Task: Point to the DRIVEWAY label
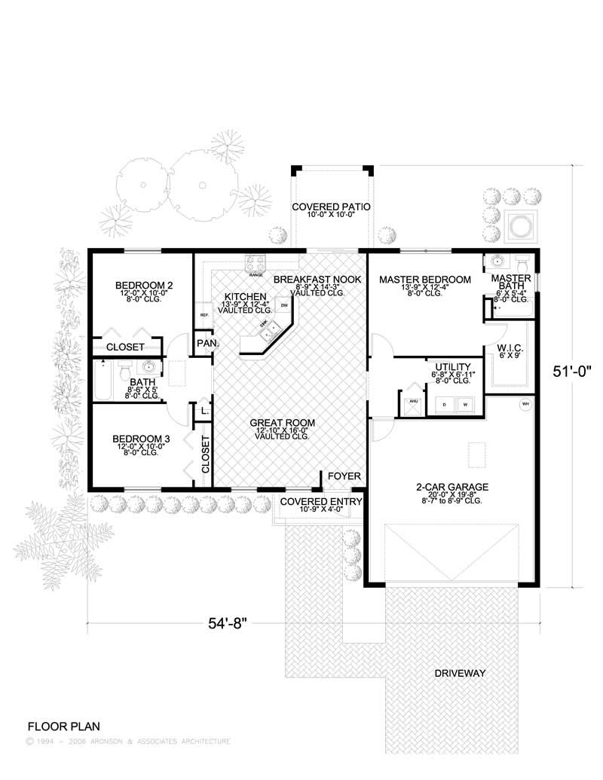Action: [x=459, y=673]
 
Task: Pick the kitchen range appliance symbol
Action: [x=255, y=264]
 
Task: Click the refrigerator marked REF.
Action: [x=204, y=315]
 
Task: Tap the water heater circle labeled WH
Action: [x=525, y=405]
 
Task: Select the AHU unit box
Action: [x=412, y=402]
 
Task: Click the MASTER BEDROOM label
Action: [x=425, y=280]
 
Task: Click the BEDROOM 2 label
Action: [x=144, y=285]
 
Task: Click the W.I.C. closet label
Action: [x=510, y=347]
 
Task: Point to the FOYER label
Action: [x=344, y=476]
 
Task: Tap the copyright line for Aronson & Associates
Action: [x=128, y=742]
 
